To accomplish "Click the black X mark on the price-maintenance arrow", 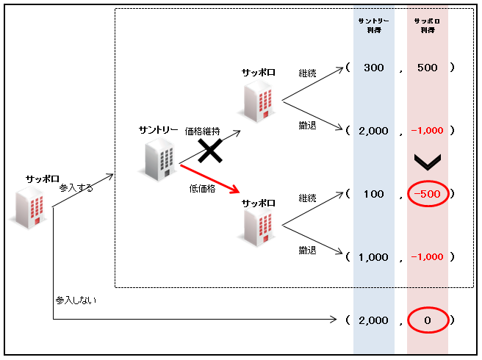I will [x=210, y=151].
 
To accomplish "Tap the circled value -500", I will [x=427, y=194].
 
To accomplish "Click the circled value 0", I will [x=427, y=320].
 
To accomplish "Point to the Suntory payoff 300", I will [x=373, y=68].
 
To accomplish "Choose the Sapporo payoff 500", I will [x=427, y=68].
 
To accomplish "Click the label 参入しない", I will [x=76, y=300].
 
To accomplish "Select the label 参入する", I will [x=77, y=188].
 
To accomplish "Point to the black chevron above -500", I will [x=427, y=161].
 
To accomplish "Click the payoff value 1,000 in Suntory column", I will [x=373, y=257].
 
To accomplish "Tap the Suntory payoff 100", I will [x=373, y=194].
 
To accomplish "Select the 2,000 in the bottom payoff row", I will [x=373, y=320].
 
